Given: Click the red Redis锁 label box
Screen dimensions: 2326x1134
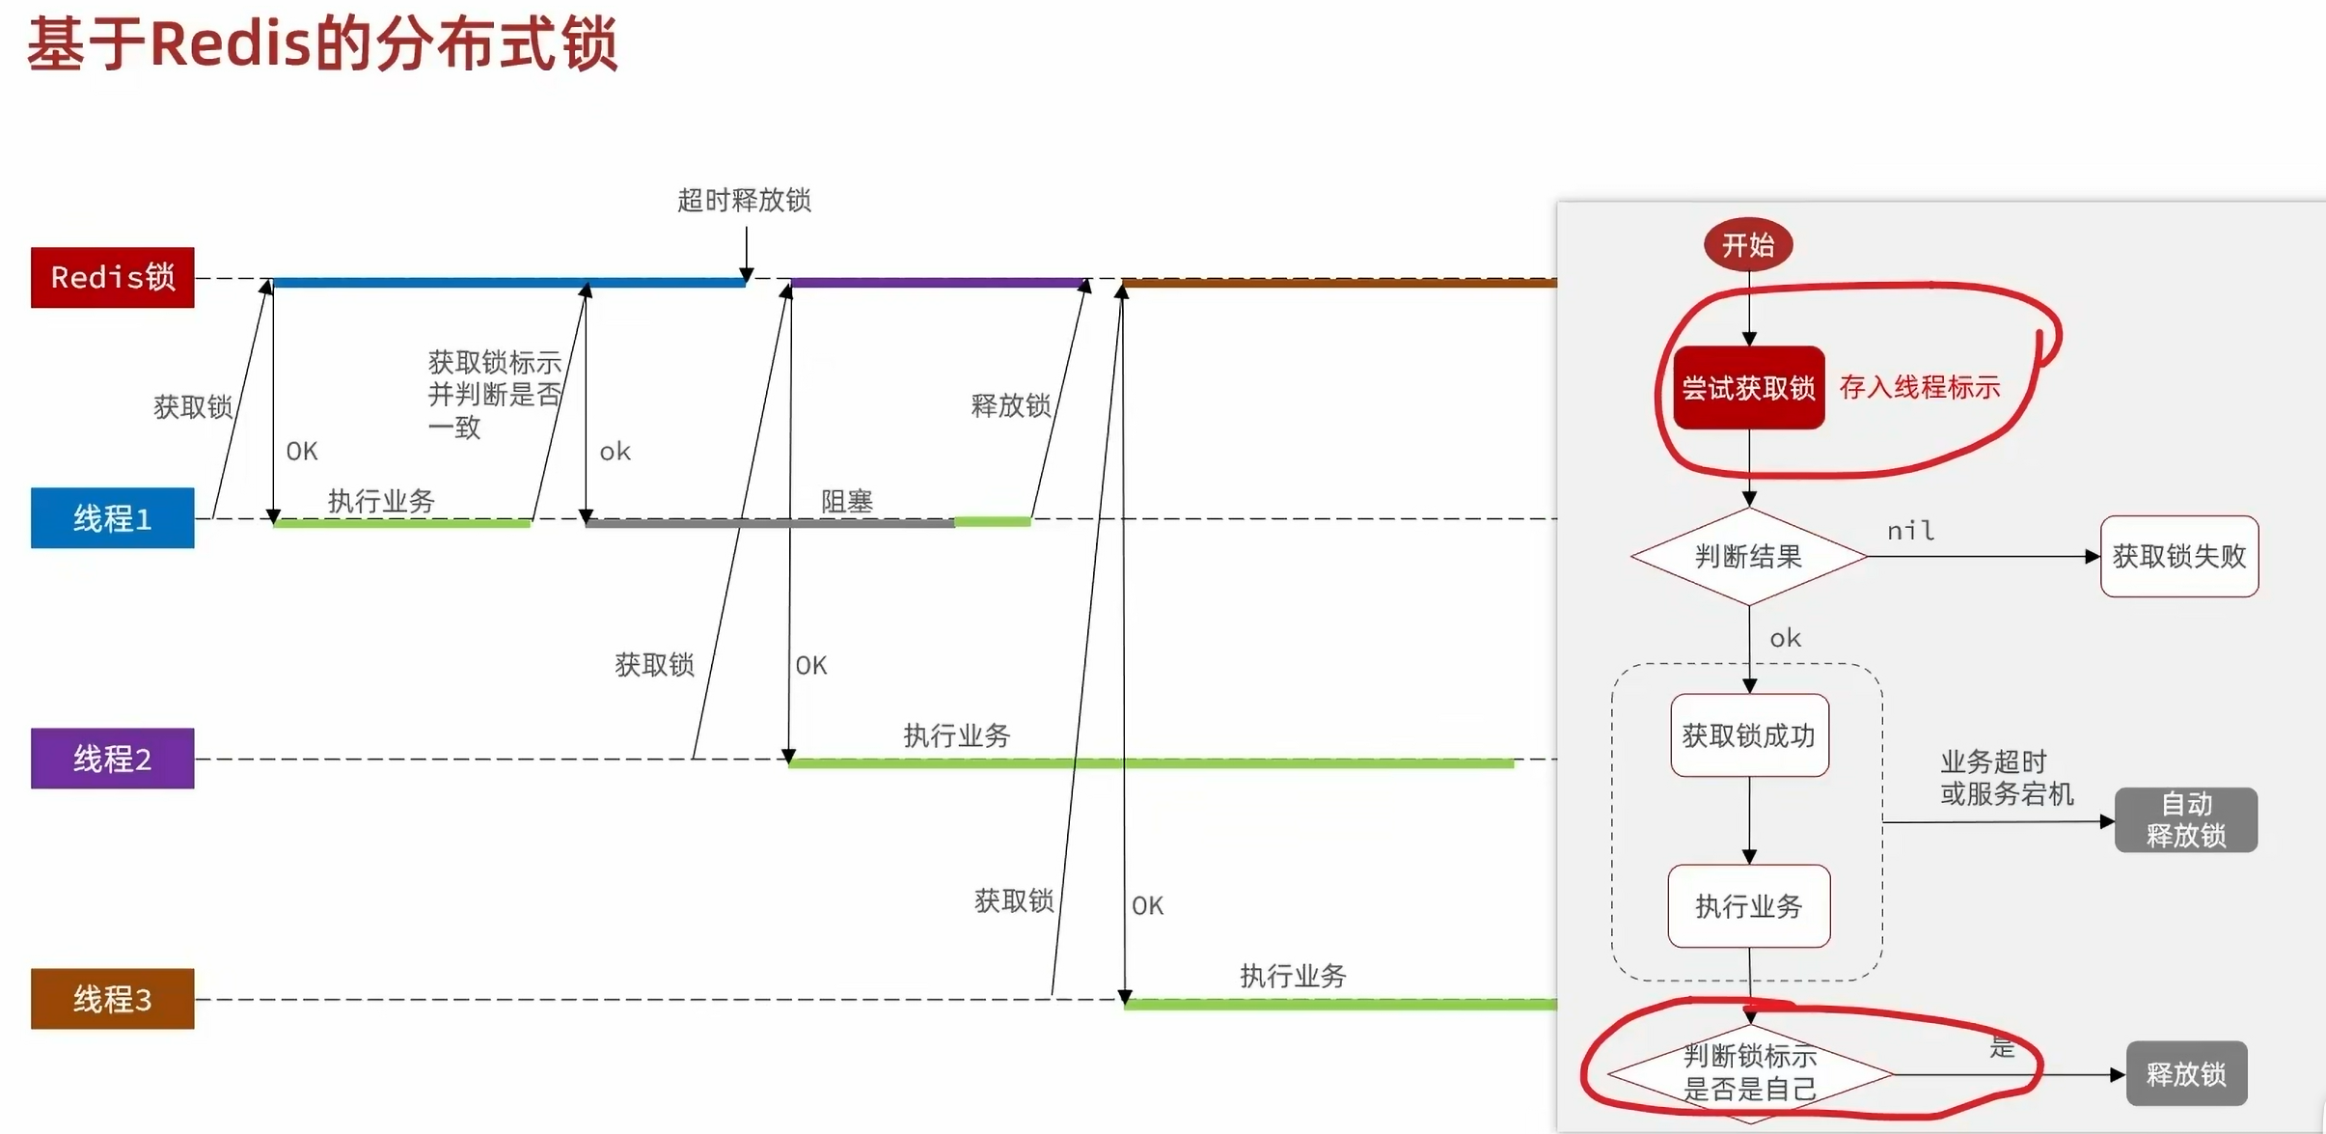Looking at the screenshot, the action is point(112,277).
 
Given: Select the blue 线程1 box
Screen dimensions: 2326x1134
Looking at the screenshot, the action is point(112,518).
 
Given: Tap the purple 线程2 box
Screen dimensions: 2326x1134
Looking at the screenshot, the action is point(112,759).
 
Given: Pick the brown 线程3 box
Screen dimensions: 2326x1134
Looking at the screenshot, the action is point(112,999).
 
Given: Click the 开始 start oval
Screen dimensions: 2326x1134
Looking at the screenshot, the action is point(1748,245).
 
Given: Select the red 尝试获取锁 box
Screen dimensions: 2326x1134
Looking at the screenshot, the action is point(1748,387).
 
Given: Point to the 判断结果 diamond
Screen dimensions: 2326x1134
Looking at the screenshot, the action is point(1748,556).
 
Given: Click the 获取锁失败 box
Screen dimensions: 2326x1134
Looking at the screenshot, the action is point(2178,556).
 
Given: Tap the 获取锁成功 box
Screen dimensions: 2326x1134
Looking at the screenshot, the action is point(1749,735).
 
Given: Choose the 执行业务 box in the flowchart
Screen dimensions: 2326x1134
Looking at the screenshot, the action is point(1749,906).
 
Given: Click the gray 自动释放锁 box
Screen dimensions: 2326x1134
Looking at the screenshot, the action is point(2185,819).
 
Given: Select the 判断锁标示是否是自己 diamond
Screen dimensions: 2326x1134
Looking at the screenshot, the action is point(1749,1072).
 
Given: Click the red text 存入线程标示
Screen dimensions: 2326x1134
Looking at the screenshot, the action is point(1920,387).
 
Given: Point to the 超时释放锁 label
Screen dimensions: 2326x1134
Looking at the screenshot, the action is point(744,200).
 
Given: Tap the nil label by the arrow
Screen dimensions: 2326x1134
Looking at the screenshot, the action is point(1910,530).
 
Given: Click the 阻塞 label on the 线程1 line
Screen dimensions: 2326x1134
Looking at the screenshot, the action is point(846,501).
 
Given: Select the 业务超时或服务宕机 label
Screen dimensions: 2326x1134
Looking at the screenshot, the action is point(2006,777).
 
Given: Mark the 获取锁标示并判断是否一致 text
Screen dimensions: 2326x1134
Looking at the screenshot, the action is point(494,394).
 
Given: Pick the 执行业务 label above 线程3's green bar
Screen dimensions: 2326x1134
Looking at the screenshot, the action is point(1293,976).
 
